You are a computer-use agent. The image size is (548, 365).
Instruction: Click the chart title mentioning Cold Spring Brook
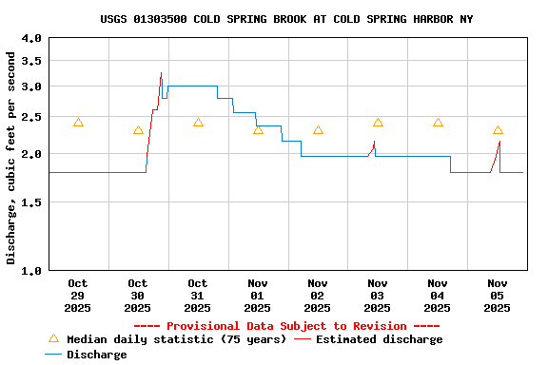click(286, 19)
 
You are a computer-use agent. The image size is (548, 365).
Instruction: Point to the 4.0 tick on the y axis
click(31, 39)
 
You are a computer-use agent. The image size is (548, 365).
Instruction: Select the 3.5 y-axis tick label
click(31, 61)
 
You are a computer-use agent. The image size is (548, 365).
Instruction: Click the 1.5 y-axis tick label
click(31, 202)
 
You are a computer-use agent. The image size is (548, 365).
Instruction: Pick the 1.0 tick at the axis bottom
click(31, 271)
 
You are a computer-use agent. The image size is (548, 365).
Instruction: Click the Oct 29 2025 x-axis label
click(78, 296)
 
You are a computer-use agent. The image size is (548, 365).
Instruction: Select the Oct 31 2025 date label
click(198, 296)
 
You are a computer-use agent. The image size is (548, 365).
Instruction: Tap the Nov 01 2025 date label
click(258, 296)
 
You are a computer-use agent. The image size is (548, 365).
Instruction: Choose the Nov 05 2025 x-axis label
click(498, 296)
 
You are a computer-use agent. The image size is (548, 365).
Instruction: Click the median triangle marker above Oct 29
click(78, 123)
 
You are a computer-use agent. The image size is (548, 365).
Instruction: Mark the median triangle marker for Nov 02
click(318, 130)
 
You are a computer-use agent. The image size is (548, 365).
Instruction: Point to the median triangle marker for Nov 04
click(438, 123)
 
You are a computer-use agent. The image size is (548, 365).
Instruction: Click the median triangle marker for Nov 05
click(498, 130)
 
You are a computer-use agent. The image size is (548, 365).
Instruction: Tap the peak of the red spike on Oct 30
click(161, 73)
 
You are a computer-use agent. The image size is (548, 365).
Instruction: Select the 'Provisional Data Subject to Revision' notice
click(286, 326)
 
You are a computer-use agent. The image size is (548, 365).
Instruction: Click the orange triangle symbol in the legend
click(53, 338)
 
